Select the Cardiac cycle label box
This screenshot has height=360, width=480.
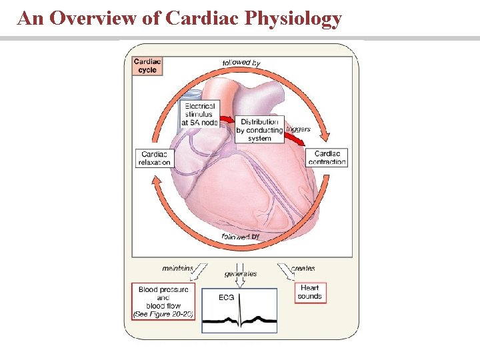pyautogui.click(x=147, y=66)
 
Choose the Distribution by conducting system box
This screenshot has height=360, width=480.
pyautogui.click(x=259, y=130)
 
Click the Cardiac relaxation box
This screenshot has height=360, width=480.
pyautogui.click(x=155, y=157)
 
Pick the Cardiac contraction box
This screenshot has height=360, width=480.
pyautogui.click(x=327, y=157)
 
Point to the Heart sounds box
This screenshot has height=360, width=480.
pyautogui.click(x=310, y=292)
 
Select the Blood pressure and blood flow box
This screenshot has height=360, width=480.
pyautogui.click(x=163, y=301)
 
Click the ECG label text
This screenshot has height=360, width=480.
pyautogui.click(x=226, y=298)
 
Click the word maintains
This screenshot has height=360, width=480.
pyautogui.click(x=177, y=269)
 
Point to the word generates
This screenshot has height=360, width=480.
pyautogui.click(x=241, y=273)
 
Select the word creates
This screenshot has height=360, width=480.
pyautogui.click(x=303, y=269)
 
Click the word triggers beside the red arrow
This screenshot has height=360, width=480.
pyautogui.click(x=297, y=129)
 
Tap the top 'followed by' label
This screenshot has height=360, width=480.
pyautogui.click(x=241, y=62)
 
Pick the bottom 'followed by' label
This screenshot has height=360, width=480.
pyautogui.click(x=241, y=236)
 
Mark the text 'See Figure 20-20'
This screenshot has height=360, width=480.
pyautogui.click(x=163, y=313)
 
